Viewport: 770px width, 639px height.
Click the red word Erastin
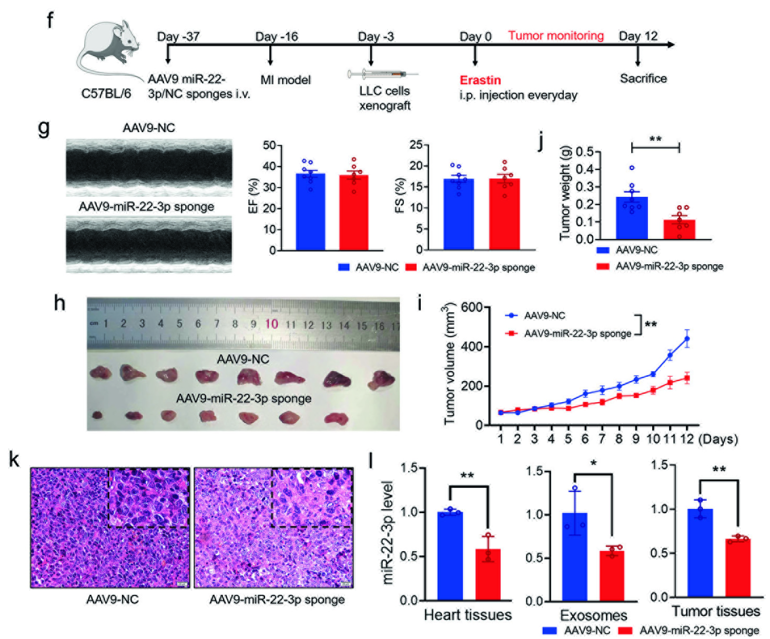(480, 80)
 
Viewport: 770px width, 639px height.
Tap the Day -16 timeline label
(276, 37)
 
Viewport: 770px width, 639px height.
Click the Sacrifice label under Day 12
(643, 78)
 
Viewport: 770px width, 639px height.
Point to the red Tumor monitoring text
(555, 36)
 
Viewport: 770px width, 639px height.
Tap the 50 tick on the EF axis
(269, 145)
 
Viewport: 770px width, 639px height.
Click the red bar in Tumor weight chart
(679, 229)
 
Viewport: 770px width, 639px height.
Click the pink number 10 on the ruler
(271, 324)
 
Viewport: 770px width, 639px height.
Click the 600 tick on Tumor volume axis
(472, 307)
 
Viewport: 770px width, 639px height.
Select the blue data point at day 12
(686, 339)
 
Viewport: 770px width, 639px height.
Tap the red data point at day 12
(686, 378)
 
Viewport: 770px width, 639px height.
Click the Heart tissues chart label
(468, 615)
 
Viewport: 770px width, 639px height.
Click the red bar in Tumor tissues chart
(737, 568)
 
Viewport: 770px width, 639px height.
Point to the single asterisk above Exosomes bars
(593, 464)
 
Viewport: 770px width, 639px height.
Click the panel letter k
(14, 460)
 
